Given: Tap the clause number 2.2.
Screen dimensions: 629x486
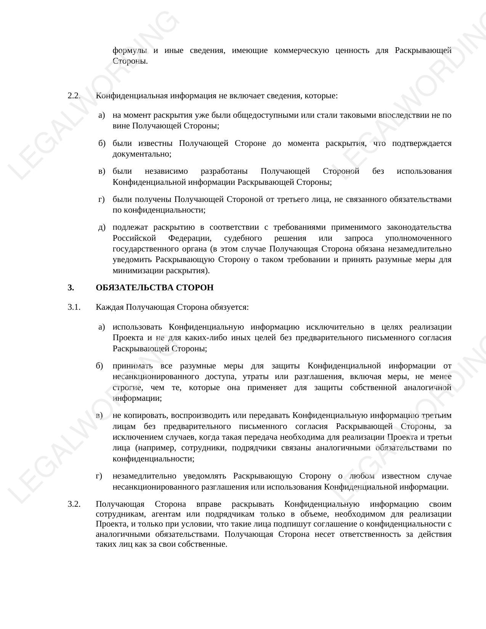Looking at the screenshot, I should [x=74, y=96].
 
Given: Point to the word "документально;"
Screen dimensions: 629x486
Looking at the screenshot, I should [x=142, y=154].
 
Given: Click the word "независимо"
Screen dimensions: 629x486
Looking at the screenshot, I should [x=166, y=171].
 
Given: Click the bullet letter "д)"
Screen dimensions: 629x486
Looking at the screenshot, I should [x=102, y=227].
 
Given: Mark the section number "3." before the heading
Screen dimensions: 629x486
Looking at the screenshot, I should [x=71, y=288].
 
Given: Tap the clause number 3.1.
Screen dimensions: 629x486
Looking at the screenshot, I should [x=74, y=307].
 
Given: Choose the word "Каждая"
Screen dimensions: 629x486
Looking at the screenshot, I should [x=110, y=307].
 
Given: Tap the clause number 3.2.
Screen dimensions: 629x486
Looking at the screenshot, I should [x=74, y=504].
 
